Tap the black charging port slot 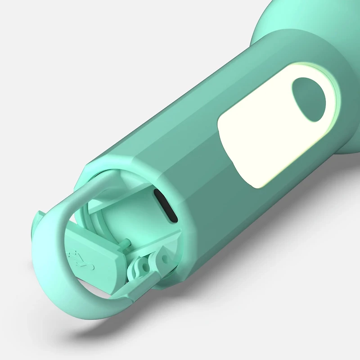(x=165, y=206)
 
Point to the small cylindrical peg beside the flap (x=127, y=243)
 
